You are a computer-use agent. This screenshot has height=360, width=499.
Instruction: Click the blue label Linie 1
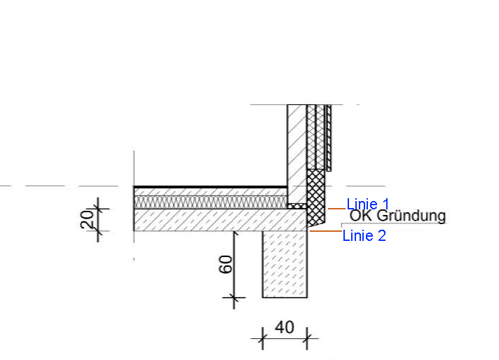coord(367,205)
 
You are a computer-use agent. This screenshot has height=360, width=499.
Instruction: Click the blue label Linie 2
coord(364,235)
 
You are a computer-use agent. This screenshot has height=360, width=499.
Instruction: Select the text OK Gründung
coord(398,216)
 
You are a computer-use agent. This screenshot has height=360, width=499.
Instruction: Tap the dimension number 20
coord(87,219)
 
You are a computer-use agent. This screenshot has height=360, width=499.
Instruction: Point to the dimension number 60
coord(226,264)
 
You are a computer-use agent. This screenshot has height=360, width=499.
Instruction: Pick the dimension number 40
coord(285,328)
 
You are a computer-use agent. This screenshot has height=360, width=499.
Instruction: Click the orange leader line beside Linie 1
coord(336,209)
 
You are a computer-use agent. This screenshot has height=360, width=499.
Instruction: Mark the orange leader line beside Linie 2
coord(326,231)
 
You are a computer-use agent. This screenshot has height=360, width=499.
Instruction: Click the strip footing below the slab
coord(285,264)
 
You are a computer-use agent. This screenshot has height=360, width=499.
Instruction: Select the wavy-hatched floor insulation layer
coord(210,202)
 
